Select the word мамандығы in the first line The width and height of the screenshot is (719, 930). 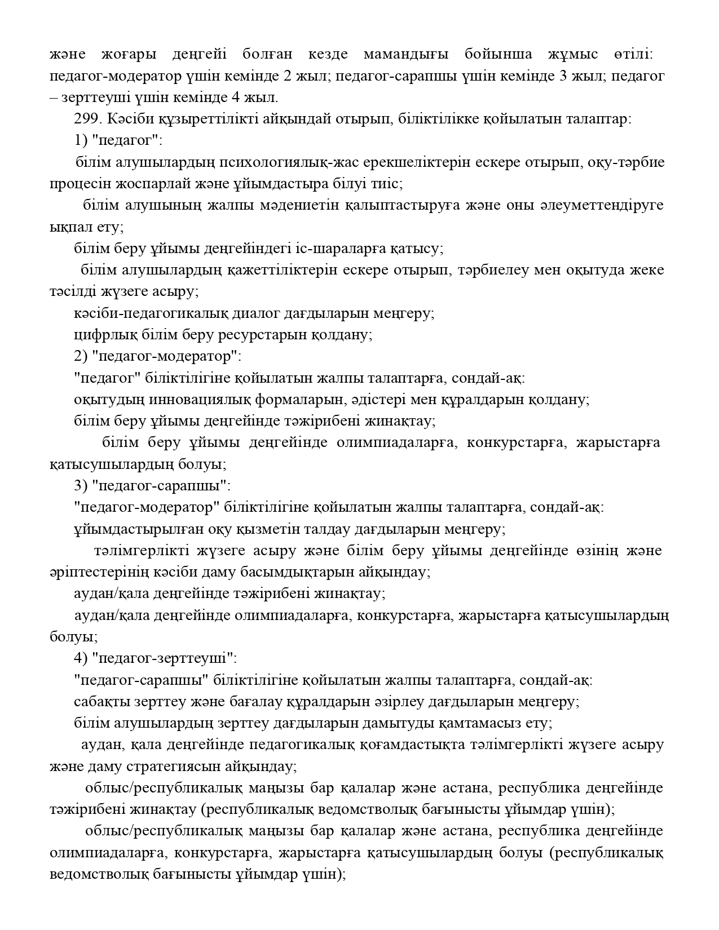coord(406,55)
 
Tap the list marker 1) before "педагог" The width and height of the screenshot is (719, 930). coord(81,141)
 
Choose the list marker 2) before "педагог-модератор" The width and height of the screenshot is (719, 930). coord(81,356)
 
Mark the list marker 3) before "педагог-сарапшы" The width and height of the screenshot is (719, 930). coord(81,485)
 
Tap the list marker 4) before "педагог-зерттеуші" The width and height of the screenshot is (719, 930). coord(81,658)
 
